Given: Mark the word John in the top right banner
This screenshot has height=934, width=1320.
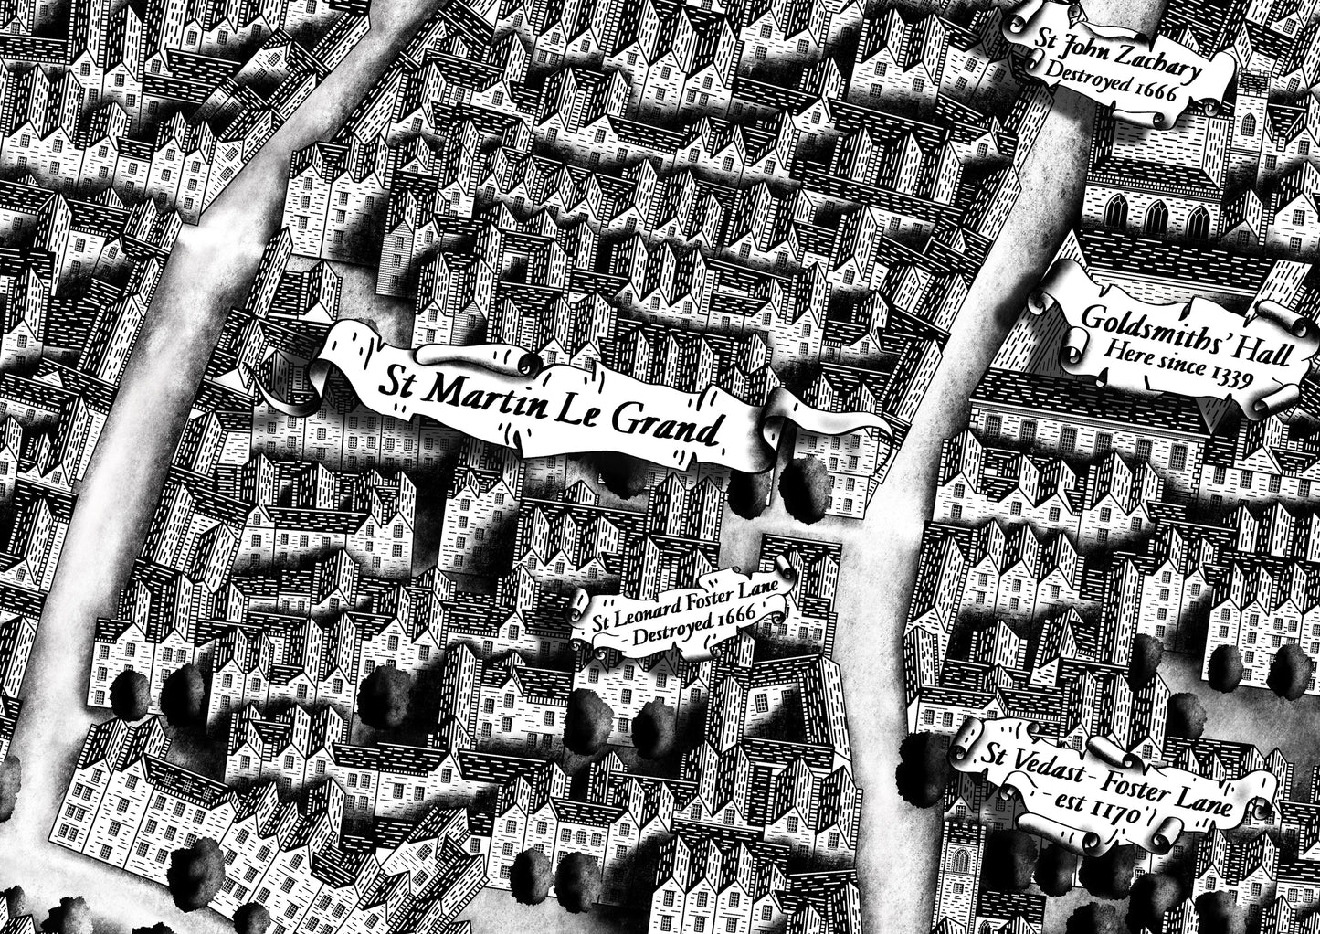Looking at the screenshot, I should pyautogui.click(x=1082, y=40).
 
